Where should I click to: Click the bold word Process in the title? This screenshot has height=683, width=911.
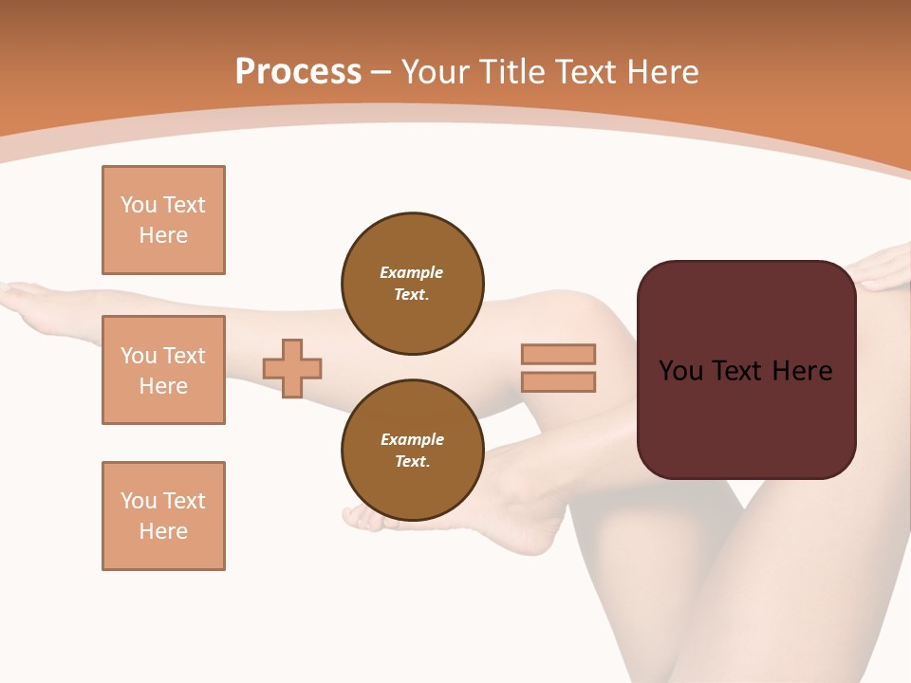(298, 72)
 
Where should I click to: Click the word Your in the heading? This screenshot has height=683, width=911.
(434, 72)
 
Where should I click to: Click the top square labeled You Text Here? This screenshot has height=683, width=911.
(163, 220)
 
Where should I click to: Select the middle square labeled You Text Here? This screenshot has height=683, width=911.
(163, 370)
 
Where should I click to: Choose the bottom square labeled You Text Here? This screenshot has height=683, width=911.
(163, 516)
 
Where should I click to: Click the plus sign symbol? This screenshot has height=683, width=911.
(292, 368)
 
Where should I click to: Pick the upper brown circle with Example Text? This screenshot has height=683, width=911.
(413, 283)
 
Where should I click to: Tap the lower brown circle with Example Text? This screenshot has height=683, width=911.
(413, 450)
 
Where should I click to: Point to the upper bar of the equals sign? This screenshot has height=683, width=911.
(558, 354)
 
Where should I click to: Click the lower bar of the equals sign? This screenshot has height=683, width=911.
(558, 381)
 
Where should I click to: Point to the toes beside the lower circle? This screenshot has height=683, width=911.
(359, 516)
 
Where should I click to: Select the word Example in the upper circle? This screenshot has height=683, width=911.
(411, 272)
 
